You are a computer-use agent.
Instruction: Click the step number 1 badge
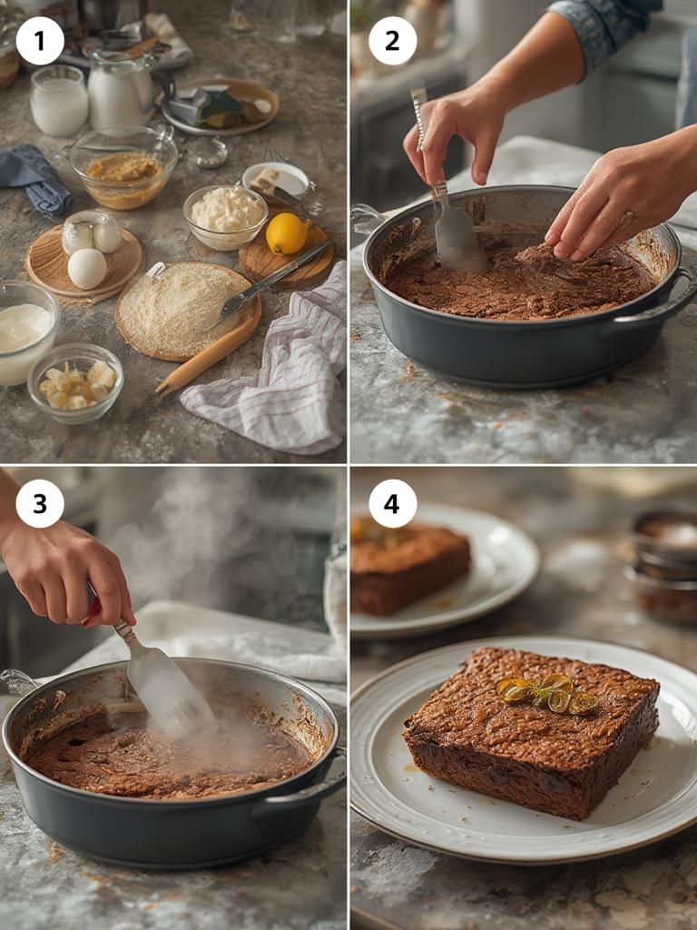40,41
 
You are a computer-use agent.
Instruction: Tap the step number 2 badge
392,41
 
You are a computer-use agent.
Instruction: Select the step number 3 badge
40,504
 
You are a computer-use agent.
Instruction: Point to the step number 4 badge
392,504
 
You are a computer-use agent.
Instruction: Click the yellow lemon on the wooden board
286,233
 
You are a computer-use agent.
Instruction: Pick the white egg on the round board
87,269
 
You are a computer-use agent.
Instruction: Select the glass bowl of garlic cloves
76,383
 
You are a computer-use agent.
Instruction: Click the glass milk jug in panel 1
120,91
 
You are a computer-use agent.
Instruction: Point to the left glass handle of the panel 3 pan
18,682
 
